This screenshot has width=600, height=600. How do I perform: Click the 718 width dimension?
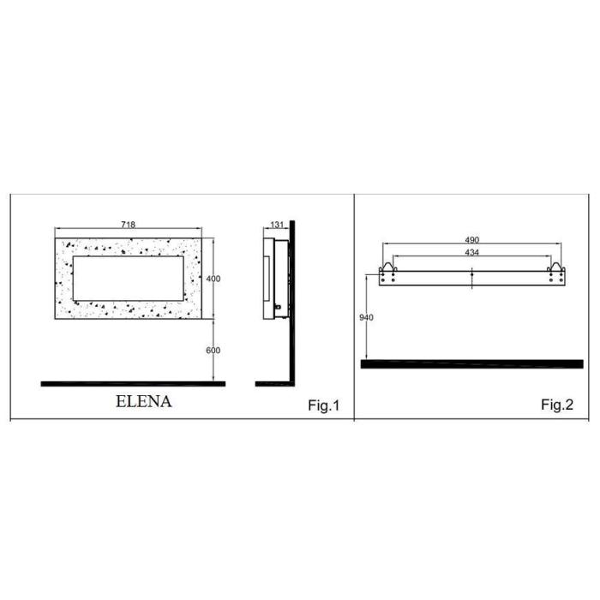(x=129, y=225)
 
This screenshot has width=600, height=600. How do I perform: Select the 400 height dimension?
(x=213, y=279)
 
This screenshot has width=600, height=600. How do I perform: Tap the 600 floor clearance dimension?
(x=213, y=351)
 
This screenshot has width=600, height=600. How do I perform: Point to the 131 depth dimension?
(x=277, y=225)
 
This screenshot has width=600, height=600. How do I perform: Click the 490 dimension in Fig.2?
(x=471, y=240)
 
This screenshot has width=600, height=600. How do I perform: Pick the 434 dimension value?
(x=471, y=252)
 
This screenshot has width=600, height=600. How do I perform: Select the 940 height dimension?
(x=366, y=318)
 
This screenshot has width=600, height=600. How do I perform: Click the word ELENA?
(x=144, y=401)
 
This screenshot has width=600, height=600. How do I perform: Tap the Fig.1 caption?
(x=324, y=405)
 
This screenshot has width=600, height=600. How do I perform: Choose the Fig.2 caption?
(x=557, y=405)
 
